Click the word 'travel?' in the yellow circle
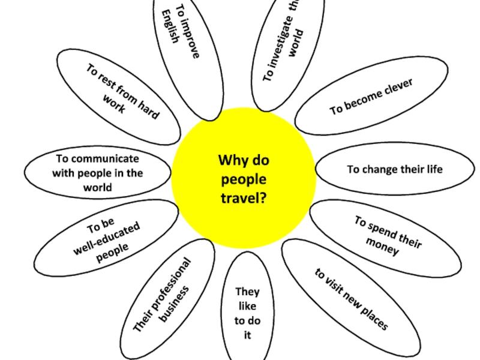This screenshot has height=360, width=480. click(x=244, y=196)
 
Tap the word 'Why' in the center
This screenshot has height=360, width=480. click(x=231, y=161)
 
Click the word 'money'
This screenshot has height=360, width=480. click(x=382, y=247)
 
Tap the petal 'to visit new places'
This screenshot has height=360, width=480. click(x=351, y=299)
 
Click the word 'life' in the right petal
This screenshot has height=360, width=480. click(x=435, y=169)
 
